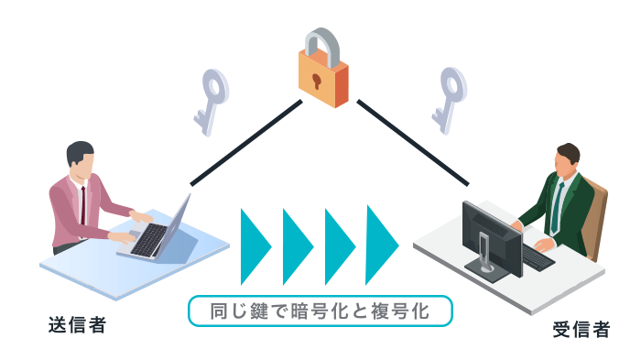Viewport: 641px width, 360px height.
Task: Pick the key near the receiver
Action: coord(449,94)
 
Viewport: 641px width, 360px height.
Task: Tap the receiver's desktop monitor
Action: coord(491,229)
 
